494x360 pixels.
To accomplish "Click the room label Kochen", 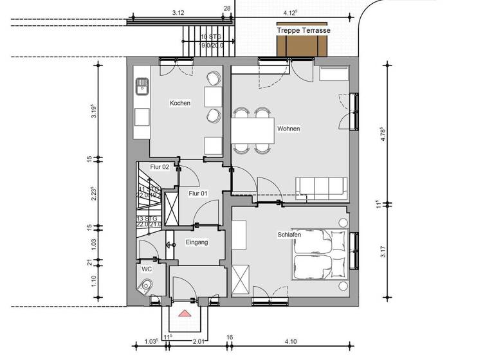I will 179,103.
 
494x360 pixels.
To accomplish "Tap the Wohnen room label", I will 289,129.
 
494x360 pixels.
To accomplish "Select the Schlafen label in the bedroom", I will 290,235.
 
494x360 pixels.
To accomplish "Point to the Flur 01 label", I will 197,193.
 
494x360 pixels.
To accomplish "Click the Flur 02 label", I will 159,167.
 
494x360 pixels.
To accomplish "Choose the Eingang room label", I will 196,242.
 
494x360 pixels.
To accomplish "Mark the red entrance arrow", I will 185,313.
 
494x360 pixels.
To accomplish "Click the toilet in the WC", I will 147,285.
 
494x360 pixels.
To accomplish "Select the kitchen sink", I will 141,85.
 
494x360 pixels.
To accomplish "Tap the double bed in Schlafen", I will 320,253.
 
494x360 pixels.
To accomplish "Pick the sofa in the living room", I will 322,186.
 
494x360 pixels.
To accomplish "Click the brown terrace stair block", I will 302,46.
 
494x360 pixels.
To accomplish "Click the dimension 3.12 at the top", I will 179,13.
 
